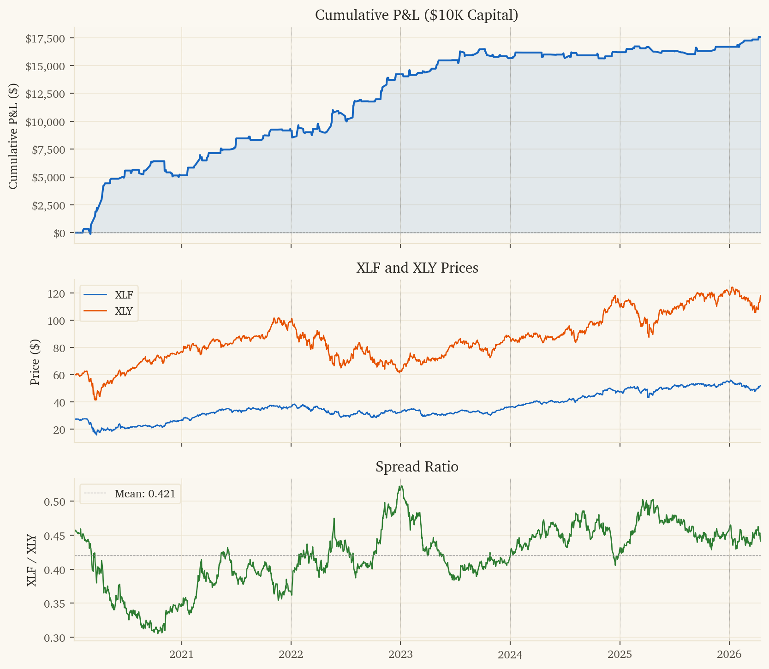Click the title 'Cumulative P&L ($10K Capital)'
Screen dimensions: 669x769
[417, 15]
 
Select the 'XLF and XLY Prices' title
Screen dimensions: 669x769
[417, 268]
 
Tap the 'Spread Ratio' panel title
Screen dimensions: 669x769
[417, 467]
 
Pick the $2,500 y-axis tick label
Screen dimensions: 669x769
[48, 205]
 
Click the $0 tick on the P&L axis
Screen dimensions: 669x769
[60, 233]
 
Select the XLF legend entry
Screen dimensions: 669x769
[124, 295]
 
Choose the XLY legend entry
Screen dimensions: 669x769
[124, 311]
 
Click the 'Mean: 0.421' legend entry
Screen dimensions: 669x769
[145, 494]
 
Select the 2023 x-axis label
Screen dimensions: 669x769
[400, 655]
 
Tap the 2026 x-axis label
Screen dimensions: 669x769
[729, 655]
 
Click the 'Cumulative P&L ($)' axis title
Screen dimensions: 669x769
[13, 136]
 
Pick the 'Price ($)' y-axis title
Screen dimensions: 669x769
[35, 362]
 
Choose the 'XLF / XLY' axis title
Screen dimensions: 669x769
[32, 561]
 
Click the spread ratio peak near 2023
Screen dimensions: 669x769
[401, 486]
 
